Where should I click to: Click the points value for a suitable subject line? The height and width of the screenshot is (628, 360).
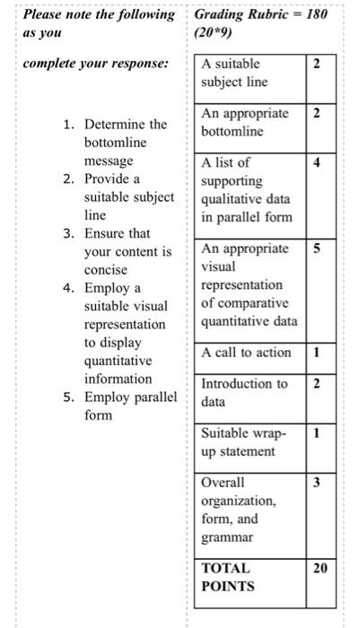[316, 64]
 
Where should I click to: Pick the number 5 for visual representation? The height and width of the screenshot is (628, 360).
[316, 249]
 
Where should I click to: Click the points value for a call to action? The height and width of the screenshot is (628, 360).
[316, 353]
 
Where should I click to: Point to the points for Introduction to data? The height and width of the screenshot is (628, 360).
[316, 384]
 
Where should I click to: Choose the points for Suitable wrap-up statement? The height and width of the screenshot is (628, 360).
[316, 433]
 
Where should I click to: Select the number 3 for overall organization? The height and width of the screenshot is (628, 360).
[316, 484]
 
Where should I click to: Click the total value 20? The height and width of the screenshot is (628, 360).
[320, 568]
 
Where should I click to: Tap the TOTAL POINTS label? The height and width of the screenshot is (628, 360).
[229, 577]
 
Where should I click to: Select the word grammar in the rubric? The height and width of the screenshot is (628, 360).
[227, 537]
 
